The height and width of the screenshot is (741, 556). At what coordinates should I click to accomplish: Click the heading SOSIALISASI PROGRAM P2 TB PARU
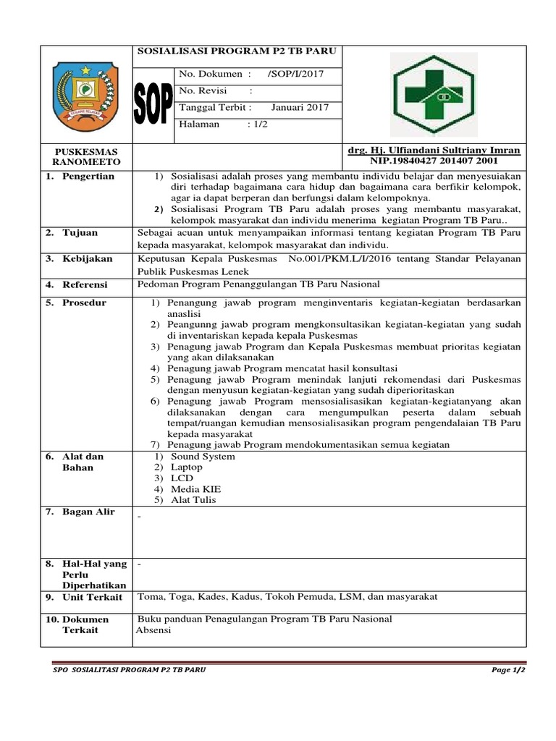coord(231,52)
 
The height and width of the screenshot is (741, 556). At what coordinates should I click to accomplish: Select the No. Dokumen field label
coord(214,74)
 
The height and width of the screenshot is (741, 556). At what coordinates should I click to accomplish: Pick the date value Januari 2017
coord(300,107)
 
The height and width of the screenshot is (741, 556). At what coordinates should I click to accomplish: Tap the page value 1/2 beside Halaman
coord(257,124)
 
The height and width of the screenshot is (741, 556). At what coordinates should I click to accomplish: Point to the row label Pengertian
coord(88,177)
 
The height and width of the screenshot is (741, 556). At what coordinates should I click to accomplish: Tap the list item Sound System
coord(203,457)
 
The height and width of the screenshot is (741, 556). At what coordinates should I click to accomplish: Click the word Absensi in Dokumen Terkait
coord(153,630)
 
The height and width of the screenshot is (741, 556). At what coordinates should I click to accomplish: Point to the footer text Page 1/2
coord(508,671)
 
